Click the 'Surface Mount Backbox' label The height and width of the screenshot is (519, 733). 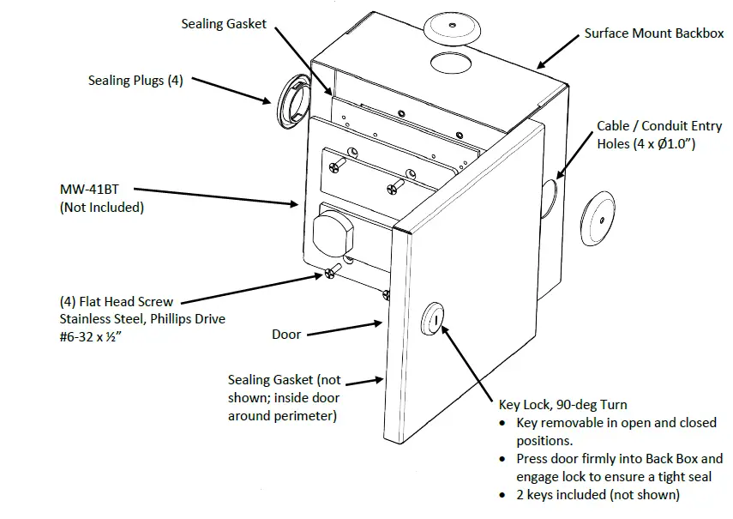pyautogui.click(x=654, y=33)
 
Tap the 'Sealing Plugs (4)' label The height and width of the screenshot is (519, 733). pyautogui.click(x=135, y=81)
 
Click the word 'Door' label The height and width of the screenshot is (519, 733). pyautogui.click(x=286, y=334)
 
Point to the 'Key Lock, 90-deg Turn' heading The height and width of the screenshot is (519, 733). pyautogui.click(x=562, y=404)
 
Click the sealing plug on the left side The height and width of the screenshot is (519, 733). pyautogui.click(x=293, y=100)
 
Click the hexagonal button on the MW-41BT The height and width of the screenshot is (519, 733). pyautogui.click(x=333, y=232)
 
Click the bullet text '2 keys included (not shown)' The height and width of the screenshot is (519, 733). pyautogui.click(x=598, y=494)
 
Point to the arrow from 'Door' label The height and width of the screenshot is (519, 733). pyautogui.click(x=343, y=329)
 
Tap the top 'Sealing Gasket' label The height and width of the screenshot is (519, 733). pyautogui.click(x=225, y=23)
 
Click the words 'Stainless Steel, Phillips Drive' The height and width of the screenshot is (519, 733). pyautogui.click(x=141, y=319)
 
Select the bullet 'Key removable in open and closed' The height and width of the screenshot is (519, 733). pyautogui.click(x=616, y=423)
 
